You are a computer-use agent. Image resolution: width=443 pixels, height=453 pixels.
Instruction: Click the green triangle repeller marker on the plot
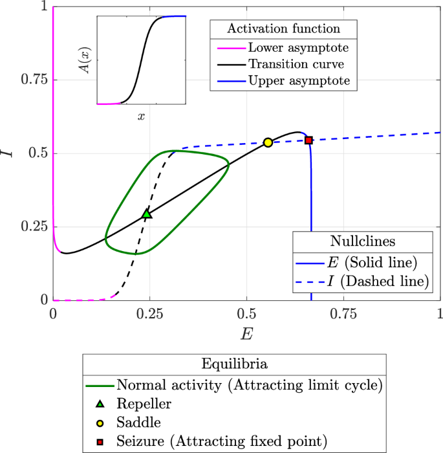[x=147, y=214]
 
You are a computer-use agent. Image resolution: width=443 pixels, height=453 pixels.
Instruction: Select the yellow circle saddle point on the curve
[x=268, y=142]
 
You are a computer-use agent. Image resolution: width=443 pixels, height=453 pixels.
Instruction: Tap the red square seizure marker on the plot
[x=308, y=140]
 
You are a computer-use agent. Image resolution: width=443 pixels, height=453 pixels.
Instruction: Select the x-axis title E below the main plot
[x=246, y=335]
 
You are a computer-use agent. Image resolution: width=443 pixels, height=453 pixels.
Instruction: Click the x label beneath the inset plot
[x=141, y=116]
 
